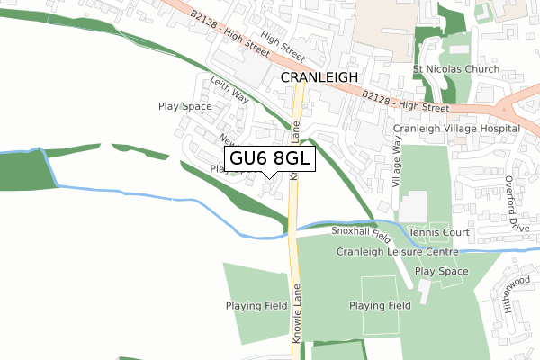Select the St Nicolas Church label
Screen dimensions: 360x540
pyautogui.click(x=455, y=69)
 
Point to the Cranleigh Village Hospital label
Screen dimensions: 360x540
pyautogui.click(x=456, y=129)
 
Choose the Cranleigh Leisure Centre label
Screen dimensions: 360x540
pyautogui.click(x=398, y=251)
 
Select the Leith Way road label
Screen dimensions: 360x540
pyautogui.click(x=229, y=91)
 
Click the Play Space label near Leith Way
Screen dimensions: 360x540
pyautogui.click(x=184, y=106)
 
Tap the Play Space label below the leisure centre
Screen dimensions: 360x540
pyautogui.click(x=441, y=271)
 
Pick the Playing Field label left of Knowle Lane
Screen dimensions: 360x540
pyautogui.click(x=256, y=305)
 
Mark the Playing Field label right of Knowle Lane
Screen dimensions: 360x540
pyautogui.click(x=380, y=305)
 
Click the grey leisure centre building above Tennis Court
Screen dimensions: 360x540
pyautogui.click(x=412, y=207)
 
